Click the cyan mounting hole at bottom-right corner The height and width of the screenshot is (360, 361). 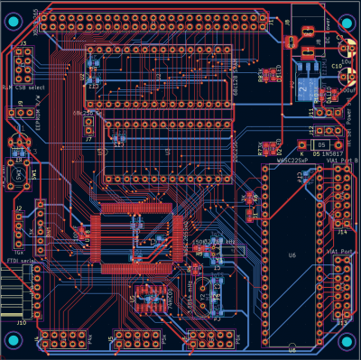tap(347, 340)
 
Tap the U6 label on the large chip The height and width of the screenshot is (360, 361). tap(292, 255)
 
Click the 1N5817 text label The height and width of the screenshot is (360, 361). tap(324, 154)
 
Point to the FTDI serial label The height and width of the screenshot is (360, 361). tap(19, 261)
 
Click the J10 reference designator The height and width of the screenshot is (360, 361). tap(22, 319)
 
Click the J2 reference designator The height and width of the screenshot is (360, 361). tap(20, 208)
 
